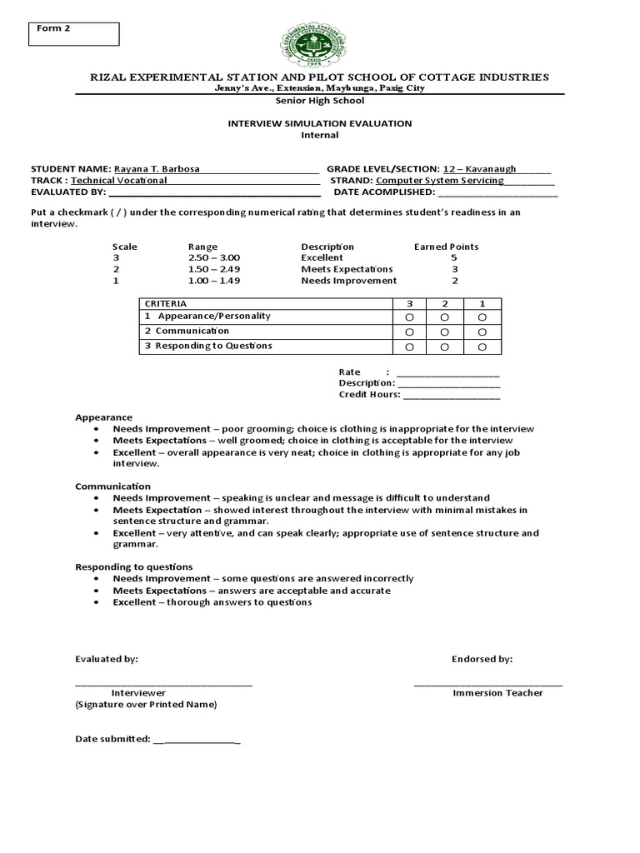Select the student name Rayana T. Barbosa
(x=157, y=168)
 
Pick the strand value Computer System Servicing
(x=440, y=180)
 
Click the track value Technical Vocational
(x=119, y=180)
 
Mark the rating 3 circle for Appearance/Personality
(x=409, y=317)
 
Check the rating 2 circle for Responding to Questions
(x=445, y=347)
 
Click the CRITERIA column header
(x=166, y=304)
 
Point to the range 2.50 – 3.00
(x=214, y=258)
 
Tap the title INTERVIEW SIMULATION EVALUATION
(x=320, y=123)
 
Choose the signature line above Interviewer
(x=163, y=683)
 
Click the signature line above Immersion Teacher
(x=488, y=683)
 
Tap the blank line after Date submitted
(x=197, y=740)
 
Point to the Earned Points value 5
(x=453, y=258)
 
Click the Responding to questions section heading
(x=134, y=566)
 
